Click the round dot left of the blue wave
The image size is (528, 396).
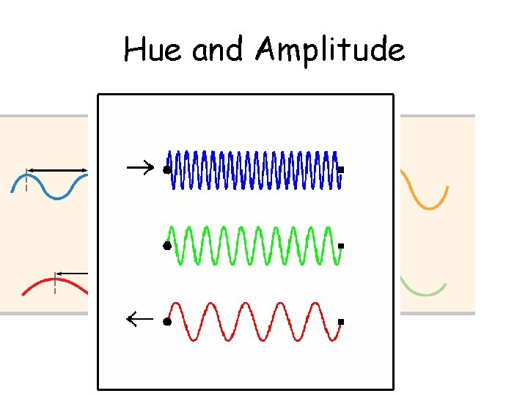point(166,170)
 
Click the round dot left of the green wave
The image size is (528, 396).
point(166,246)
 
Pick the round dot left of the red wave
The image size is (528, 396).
point(166,321)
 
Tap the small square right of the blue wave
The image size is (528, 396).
point(341,170)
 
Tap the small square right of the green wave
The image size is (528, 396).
point(341,245)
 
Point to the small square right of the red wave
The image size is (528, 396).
point(341,321)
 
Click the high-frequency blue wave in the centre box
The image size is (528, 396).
point(253,170)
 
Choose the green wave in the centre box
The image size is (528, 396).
point(253,246)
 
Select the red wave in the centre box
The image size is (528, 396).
point(253,321)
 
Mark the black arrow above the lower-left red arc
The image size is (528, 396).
point(73,273)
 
